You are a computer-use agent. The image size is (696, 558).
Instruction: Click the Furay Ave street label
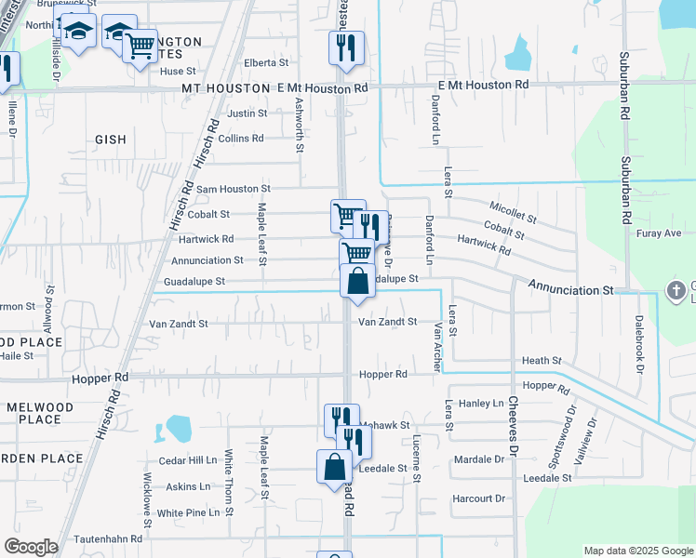pos(660,233)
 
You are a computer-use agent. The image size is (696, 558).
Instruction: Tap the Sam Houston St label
pos(233,189)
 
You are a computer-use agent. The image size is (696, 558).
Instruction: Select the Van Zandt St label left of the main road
pos(179,324)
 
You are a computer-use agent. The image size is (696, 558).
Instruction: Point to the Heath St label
pos(542,360)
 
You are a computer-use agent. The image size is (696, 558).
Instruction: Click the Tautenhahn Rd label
pos(110,538)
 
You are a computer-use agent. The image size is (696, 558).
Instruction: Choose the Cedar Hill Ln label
pos(188,460)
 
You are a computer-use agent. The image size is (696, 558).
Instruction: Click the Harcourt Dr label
pos(478,498)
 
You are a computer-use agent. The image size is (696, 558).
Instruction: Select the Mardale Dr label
pos(478,459)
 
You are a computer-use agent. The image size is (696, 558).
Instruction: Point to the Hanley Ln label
pos(480,404)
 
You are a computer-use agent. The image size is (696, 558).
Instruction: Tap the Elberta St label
pos(266,62)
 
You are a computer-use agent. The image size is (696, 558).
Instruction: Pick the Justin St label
pos(248,113)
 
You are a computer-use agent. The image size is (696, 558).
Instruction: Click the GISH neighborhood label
pos(110,139)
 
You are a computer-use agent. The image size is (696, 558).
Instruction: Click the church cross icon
pos(676,290)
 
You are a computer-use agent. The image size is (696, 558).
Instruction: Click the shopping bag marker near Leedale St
pos(334,467)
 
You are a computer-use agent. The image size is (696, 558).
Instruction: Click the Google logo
pos(31,547)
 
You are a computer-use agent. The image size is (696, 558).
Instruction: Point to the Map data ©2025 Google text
pos(637,551)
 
